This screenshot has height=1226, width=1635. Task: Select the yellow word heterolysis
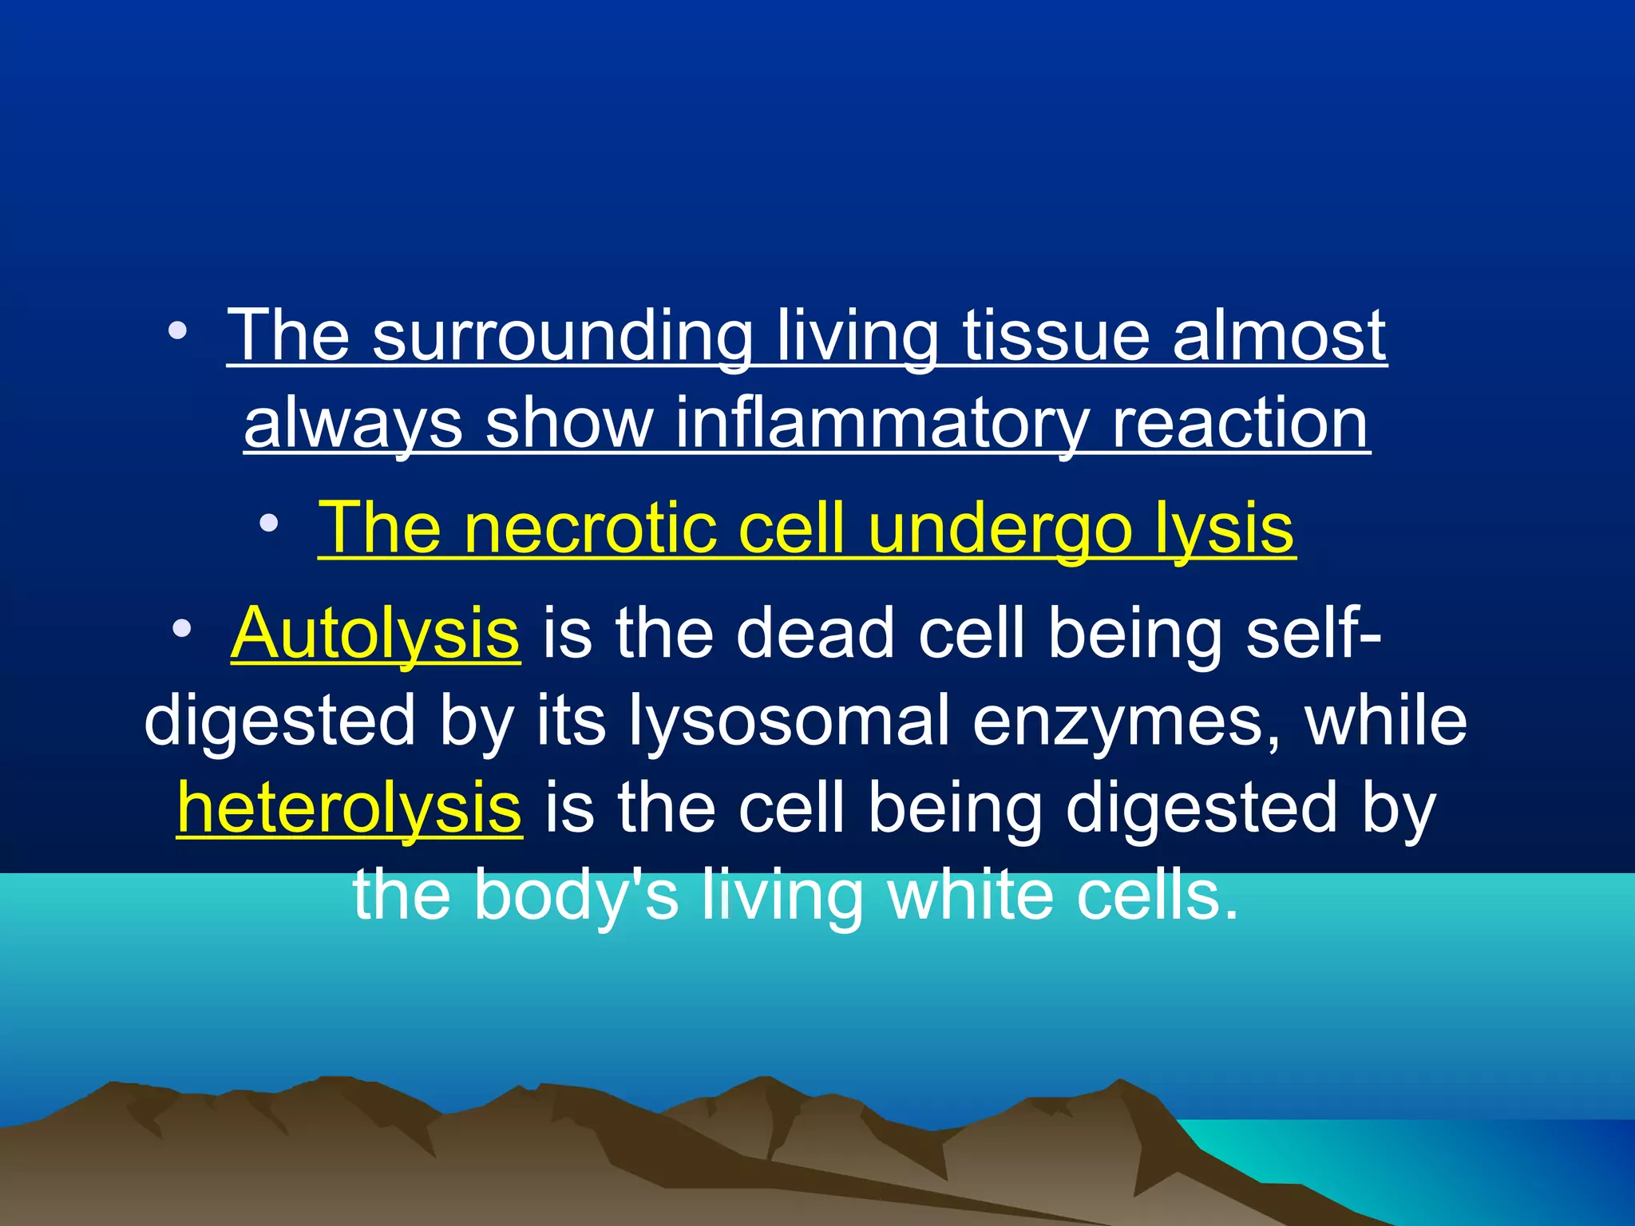[350, 808]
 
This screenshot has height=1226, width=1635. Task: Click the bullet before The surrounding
[178, 330]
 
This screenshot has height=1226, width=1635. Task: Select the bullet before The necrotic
[269, 524]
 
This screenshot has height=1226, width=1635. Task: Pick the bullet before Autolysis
[183, 628]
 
